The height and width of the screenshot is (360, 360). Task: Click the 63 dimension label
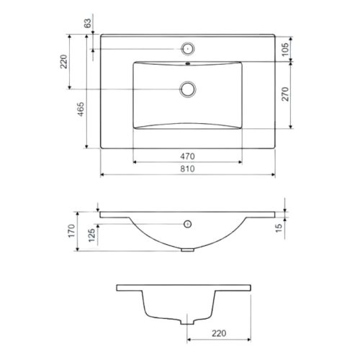click(88, 23)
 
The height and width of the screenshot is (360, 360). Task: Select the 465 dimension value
click(81, 109)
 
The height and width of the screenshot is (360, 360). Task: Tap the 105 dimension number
click(285, 49)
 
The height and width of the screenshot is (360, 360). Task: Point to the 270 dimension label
click(285, 94)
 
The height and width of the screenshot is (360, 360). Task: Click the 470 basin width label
click(187, 156)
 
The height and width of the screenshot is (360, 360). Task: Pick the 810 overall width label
click(187, 169)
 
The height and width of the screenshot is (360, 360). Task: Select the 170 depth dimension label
click(71, 231)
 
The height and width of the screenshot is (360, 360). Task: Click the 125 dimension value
click(91, 235)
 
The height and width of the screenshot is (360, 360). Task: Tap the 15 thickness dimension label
click(279, 228)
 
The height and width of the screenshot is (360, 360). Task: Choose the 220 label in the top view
click(63, 62)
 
